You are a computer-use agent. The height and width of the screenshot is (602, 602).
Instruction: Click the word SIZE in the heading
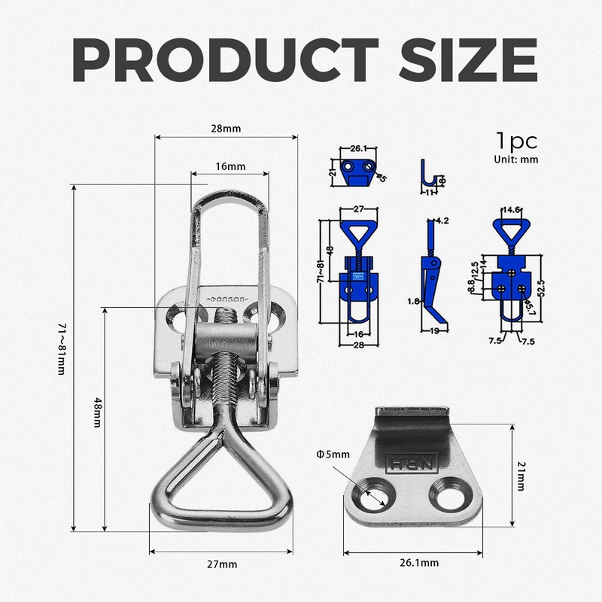click(468, 60)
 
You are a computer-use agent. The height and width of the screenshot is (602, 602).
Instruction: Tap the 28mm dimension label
click(226, 128)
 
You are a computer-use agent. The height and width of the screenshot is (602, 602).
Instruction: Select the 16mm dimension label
click(230, 166)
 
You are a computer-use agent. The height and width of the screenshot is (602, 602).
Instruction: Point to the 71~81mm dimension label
click(62, 348)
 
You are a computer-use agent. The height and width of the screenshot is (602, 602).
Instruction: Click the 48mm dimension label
click(98, 412)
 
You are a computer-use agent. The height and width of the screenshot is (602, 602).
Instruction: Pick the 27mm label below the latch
click(222, 564)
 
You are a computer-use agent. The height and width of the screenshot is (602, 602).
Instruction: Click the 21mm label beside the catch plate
click(521, 476)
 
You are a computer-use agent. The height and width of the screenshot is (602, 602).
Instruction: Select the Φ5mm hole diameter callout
click(333, 455)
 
